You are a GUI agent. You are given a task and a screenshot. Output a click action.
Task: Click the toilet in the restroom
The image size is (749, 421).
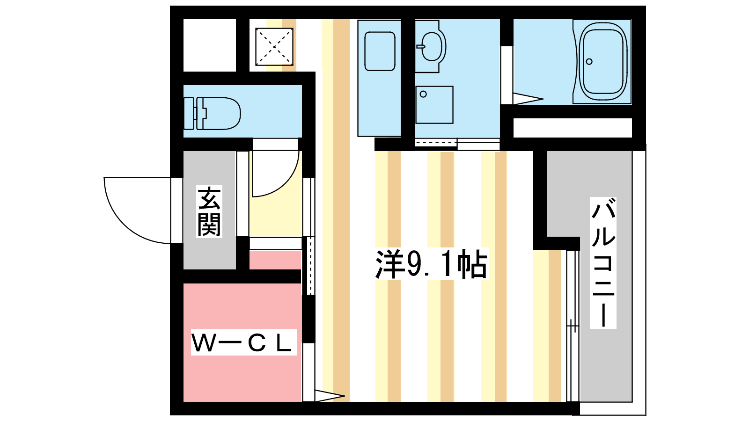pos(213,114)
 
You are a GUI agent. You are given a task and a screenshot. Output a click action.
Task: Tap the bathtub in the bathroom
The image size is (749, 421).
pos(603,62)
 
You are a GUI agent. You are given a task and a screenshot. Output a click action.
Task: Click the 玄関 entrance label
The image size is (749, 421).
pos(209,211)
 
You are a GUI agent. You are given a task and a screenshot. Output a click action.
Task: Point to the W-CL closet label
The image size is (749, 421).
pos(244,342)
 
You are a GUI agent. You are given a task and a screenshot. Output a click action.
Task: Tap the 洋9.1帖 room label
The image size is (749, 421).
pos(432,264)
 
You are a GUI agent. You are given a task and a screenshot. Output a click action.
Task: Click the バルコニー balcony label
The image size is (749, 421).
pos(603,262)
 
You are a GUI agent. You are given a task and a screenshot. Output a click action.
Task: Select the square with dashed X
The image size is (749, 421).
pos(274,47)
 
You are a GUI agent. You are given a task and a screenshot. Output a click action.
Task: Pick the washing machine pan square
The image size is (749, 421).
pos(434,105)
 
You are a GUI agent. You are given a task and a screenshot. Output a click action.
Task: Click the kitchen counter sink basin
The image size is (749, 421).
pos(380,51)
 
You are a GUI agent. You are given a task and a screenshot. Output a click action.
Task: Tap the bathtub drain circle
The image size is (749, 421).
pos(589,61)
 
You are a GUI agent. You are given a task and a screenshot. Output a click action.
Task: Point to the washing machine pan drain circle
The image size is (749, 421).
pos(423,94)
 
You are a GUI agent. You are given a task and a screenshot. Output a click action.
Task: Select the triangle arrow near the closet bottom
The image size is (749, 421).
pos(330,396)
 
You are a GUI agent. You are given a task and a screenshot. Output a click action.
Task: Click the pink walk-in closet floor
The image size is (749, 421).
pos(242,342)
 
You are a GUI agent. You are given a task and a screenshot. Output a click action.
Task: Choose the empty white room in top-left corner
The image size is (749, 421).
pos(210,45)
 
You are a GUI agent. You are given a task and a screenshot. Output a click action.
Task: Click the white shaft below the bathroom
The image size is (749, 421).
pos(573,128)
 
